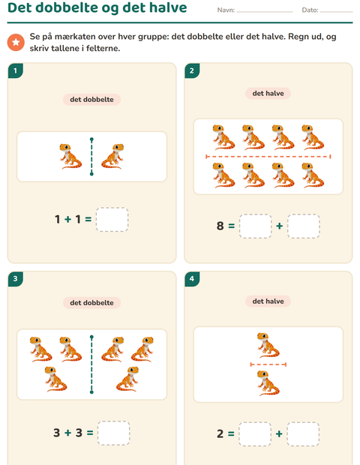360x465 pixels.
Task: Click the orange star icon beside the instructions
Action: coord(16,42)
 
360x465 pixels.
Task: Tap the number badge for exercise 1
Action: coord(16,70)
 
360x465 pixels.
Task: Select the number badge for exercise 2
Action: coord(192,70)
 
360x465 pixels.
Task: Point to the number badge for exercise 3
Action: coord(16,279)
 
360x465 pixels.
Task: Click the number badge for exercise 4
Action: coord(192,279)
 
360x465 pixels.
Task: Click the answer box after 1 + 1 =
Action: coord(112,220)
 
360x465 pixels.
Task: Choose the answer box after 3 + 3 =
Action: coord(113,433)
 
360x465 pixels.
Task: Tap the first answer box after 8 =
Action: coord(255,226)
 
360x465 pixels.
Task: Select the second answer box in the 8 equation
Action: coord(303,226)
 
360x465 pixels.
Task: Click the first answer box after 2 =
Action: coord(255,433)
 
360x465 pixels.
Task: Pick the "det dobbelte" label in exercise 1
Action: coord(91,99)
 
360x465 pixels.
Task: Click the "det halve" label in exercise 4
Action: coord(268,301)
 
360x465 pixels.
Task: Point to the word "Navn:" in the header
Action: coord(226,10)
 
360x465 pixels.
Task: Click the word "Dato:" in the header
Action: coord(310,10)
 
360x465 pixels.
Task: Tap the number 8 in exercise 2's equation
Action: coord(220,226)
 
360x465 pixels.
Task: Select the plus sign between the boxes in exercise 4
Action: coord(279,433)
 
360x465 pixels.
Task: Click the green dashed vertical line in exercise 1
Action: coord(91,157)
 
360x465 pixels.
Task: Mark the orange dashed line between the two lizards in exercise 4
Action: coord(268,364)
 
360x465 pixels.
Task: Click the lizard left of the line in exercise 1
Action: coord(70,156)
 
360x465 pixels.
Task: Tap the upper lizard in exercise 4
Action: coord(268,345)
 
